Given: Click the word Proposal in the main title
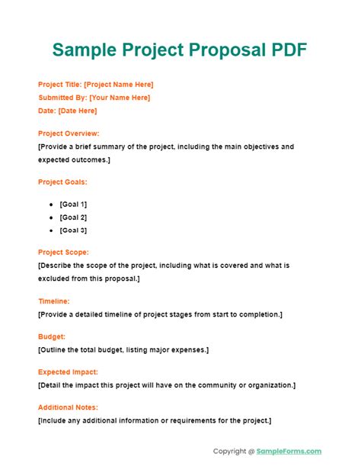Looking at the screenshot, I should tap(232, 50).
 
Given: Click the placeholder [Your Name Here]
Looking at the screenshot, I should tap(120, 98).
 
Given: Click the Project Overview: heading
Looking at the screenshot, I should tap(69, 134).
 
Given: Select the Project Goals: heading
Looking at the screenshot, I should tap(62, 182).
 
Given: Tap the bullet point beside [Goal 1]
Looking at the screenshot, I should tap(50, 204).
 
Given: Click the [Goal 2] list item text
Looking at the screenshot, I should tap(73, 217).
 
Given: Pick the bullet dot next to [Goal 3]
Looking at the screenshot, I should tap(50, 230).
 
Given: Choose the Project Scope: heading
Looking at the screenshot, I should tap(63, 253).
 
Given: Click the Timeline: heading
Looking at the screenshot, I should tap(53, 301).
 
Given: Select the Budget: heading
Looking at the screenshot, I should tap(51, 336).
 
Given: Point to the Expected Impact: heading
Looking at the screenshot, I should tap(67, 372).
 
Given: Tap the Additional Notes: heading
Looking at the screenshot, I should tap(68, 407).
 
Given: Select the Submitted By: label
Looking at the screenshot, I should tap(62, 98).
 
